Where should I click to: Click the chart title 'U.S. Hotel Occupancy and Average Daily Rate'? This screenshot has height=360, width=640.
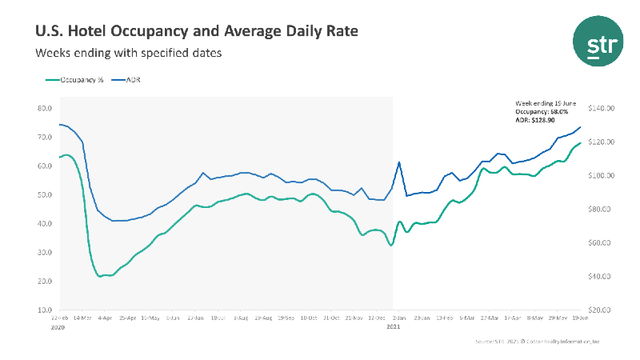click(197, 31)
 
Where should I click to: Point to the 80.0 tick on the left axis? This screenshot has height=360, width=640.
click(46, 108)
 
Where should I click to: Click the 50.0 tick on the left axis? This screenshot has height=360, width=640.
click(46, 194)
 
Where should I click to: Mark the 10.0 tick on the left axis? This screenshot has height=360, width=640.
click(46, 310)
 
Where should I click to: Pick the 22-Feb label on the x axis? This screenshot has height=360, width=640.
click(59, 318)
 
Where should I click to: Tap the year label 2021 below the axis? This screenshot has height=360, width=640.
click(393, 326)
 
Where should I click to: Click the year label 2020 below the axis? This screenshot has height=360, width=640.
click(58, 326)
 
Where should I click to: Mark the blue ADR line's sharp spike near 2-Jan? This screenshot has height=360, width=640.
click(399, 162)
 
